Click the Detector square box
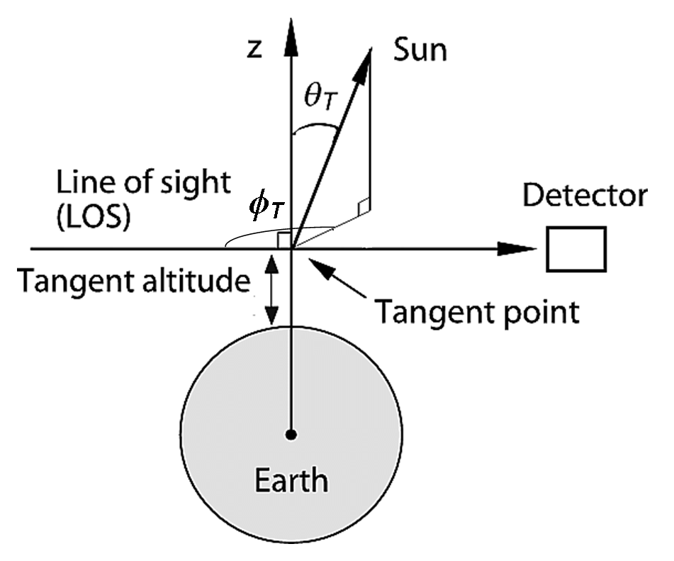[x=577, y=249]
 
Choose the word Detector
[x=585, y=196]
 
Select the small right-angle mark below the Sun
[x=364, y=206]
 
